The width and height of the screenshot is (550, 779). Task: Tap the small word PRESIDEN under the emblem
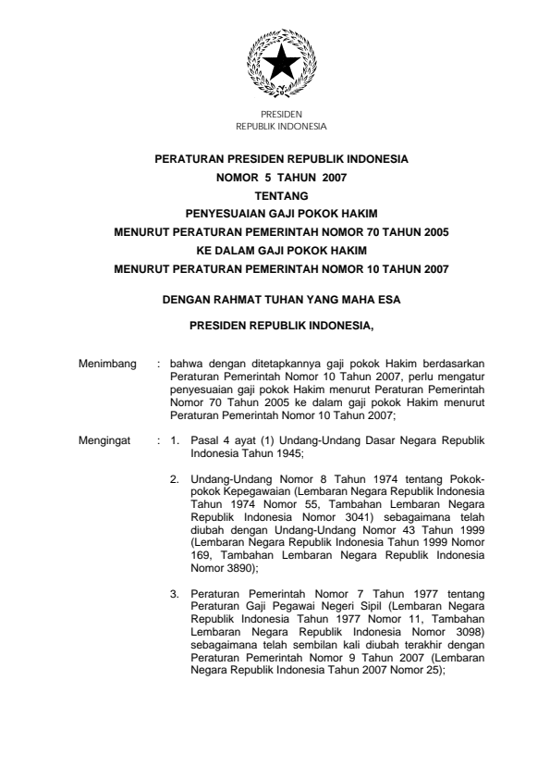click(x=275, y=114)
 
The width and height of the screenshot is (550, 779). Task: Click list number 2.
click(x=173, y=478)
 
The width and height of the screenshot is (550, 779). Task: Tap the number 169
click(x=201, y=556)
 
